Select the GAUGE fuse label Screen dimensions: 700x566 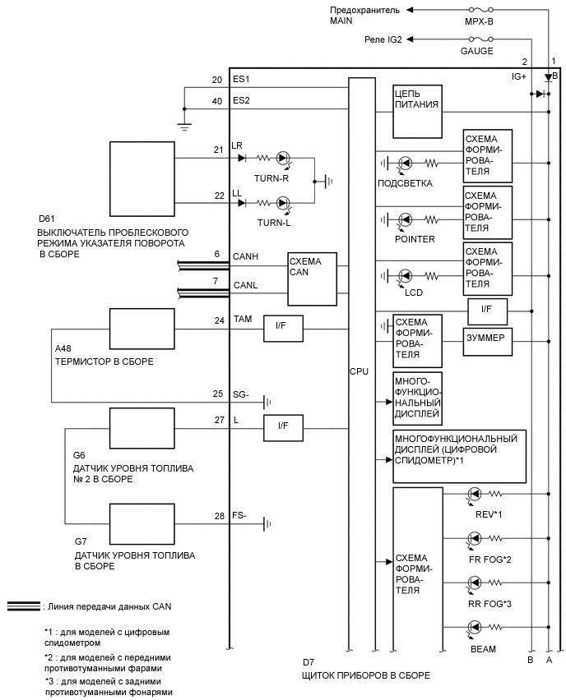coord(477,51)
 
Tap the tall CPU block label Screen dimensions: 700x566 coord(359,371)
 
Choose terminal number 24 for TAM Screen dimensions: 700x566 coord(218,320)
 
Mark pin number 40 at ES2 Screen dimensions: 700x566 coord(217,101)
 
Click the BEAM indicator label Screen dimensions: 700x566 coord(483,649)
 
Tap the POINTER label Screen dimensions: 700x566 coord(415,239)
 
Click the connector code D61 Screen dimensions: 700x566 coord(47,219)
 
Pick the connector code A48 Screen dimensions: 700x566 coord(63,349)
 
